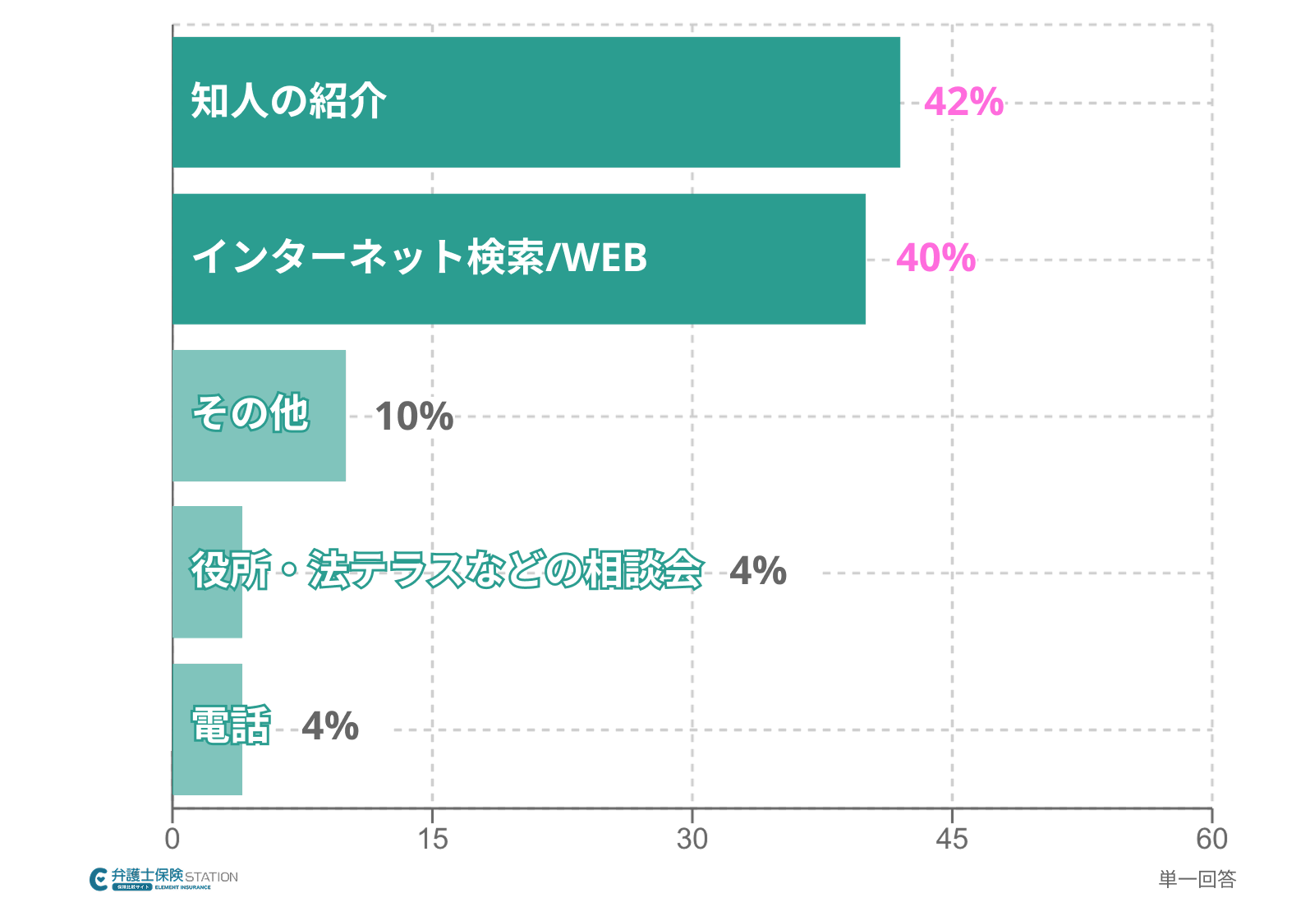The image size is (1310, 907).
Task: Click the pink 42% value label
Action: (x=963, y=102)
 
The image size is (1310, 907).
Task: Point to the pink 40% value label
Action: (x=935, y=258)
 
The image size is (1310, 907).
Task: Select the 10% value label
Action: (x=414, y=416)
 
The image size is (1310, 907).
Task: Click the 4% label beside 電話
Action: (x=330, y=726)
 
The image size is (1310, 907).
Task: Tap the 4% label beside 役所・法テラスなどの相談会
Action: (x=757, y=571)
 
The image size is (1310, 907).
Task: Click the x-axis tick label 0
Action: (x=172, y=839)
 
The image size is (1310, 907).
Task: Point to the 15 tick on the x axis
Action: (x=432, y=839)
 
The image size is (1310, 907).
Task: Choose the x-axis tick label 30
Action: (x=692, y=839)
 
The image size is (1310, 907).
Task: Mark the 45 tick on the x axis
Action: (x=952, y=839)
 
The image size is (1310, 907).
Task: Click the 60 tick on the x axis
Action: (x=1211, y=839)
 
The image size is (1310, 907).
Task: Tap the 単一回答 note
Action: (x=1197, y=879)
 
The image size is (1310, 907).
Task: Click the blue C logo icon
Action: (x=99, y=879)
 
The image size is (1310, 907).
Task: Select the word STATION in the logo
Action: (x=211, y=877)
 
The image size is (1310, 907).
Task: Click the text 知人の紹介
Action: (x=288, y=101)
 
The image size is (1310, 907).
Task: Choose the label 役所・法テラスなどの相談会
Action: (x=447, y=569)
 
